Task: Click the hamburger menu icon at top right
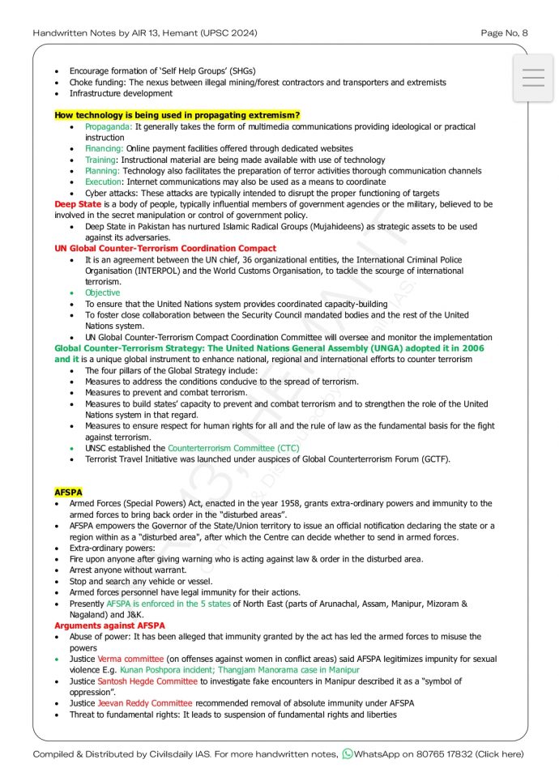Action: click(x=533, y=78)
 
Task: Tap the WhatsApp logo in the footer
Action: click(x=348, y=754)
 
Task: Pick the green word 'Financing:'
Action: click(x=105, y=149)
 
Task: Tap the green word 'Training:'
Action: click(x=101, y=160)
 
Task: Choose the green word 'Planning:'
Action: click(x=102, y=171)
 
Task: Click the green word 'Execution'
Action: click(x=104, y=182)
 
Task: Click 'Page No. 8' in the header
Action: click(x=504, y=33)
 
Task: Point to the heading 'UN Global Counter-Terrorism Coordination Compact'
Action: click(x=165, y=248)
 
